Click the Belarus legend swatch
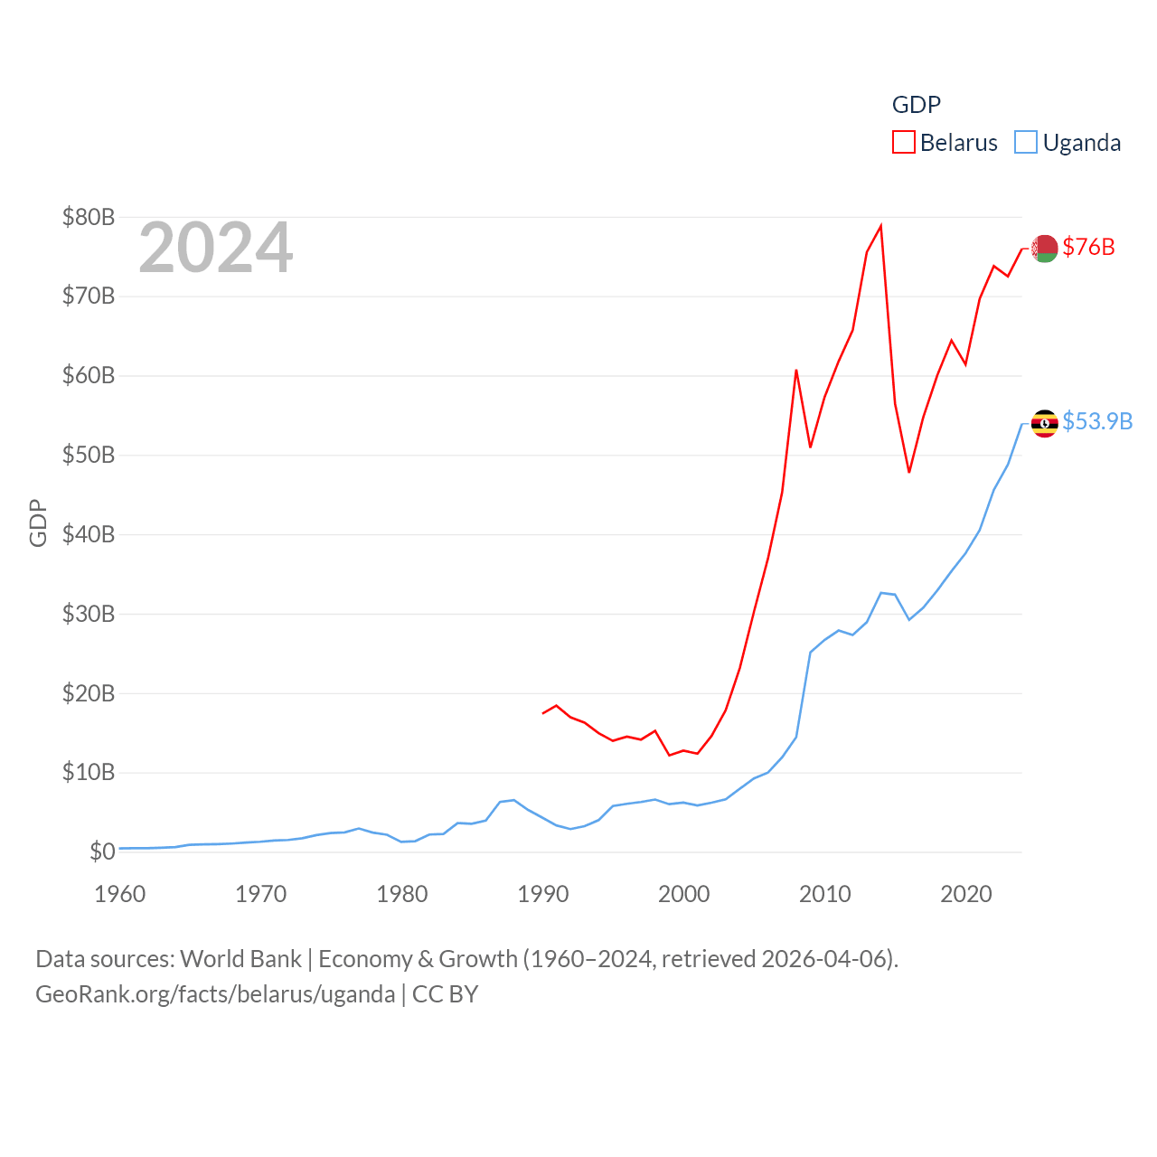tap(904, 143)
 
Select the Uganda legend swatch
tap(1026, 143)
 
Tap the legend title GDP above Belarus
tap(917, 105)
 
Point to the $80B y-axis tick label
tap(89, 217)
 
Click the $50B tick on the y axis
tap(89, 455)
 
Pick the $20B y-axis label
tap(89, 693)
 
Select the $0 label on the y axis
tap(102, 851)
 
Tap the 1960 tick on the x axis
tap(120, 894)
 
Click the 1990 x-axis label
tap(543, 894)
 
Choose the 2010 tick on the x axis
tap(825, 894)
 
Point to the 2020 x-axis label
tap(966, 894)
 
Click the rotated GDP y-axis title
tap(38, 522)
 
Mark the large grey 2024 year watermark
tap(216, 248)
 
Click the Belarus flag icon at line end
tap(1045, 248)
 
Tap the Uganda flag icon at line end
tap(1045, 423)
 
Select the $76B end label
tap(1088, 247)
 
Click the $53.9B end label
tap(1097, 421)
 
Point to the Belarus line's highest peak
tap(880, 226)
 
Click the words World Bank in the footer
tap(241, 959)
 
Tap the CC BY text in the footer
tap(445, 994)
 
